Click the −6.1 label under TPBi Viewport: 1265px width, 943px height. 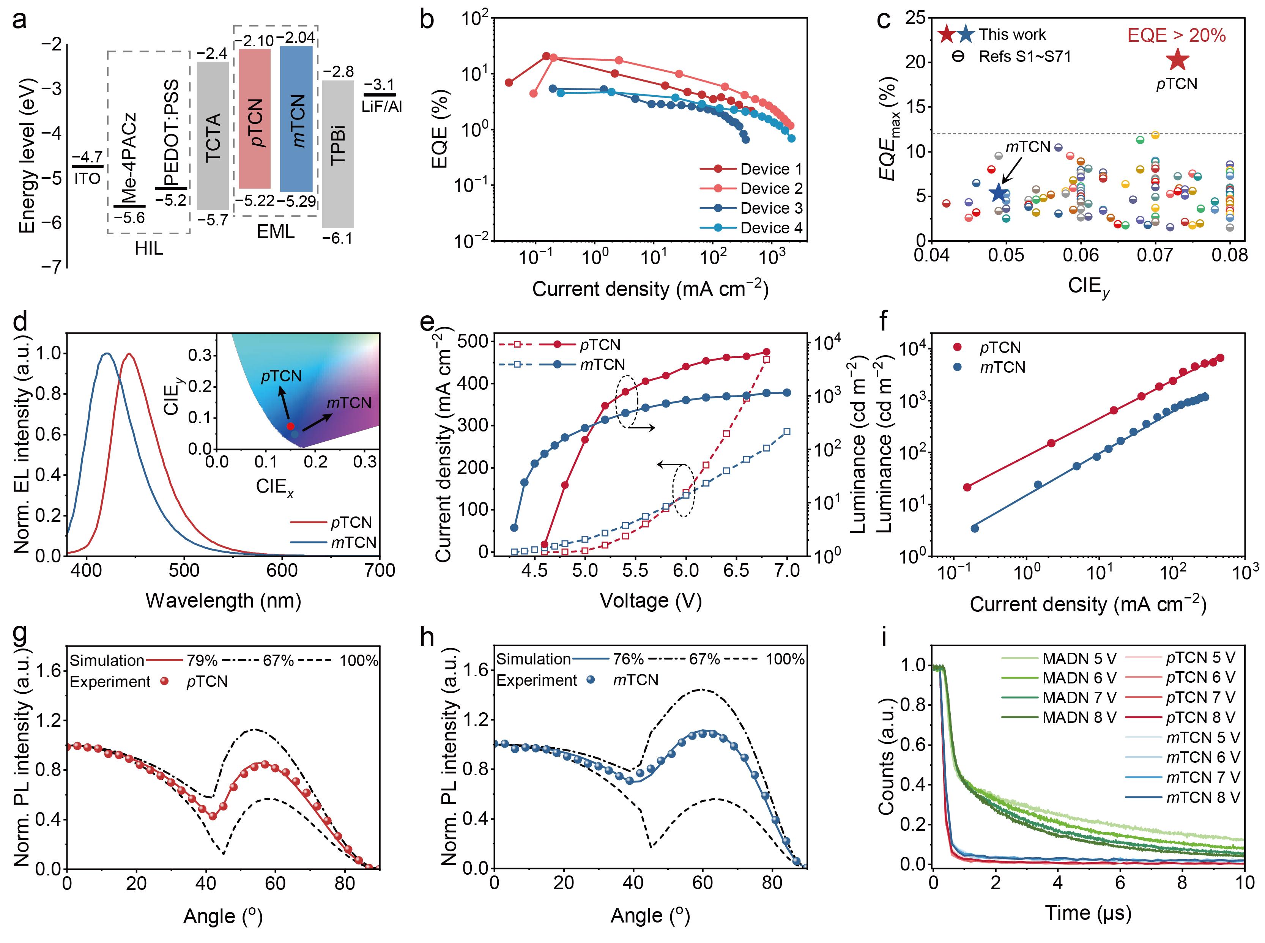(x=337, y=238)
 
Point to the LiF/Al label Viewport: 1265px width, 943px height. (x=381, y=107)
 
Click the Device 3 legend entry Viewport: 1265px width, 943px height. (x=770, y=208)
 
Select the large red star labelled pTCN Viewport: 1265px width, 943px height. (x=1177, y=60)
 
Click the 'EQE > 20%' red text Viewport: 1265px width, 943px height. (x=1176, y=35)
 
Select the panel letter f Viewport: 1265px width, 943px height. (x=884, y=323)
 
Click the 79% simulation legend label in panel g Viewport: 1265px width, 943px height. (x=202, y=660)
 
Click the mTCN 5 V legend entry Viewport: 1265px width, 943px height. (x=1203, y=737)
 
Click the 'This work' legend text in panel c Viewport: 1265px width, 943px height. (x=1012, y=35)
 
